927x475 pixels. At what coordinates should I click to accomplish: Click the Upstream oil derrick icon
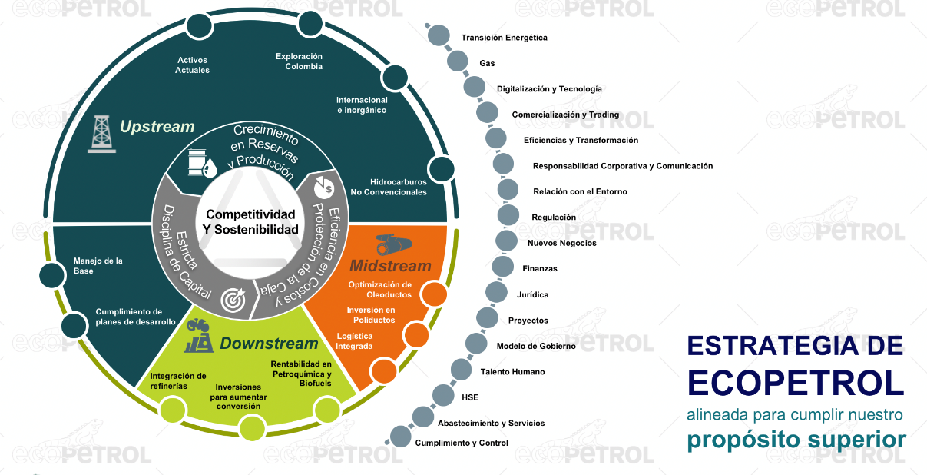98,134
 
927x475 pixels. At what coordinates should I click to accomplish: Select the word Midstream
390,266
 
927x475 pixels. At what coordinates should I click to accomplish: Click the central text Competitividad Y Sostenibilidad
240,221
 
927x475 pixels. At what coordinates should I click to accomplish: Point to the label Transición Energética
504,38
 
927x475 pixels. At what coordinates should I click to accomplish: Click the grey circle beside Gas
458,61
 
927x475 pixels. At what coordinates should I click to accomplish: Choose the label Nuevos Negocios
561,243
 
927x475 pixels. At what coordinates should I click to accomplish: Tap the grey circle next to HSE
444,396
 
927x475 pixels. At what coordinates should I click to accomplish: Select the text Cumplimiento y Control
462,443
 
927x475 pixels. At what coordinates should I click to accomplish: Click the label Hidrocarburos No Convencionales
388,187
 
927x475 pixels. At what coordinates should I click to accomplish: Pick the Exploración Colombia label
299,61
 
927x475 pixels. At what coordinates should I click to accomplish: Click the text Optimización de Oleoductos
379,289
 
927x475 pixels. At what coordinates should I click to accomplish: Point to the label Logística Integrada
355,340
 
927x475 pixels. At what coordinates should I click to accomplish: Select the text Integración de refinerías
177,380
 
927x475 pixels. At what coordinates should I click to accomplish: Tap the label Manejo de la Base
98,266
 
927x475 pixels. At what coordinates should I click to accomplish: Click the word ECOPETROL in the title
795,382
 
